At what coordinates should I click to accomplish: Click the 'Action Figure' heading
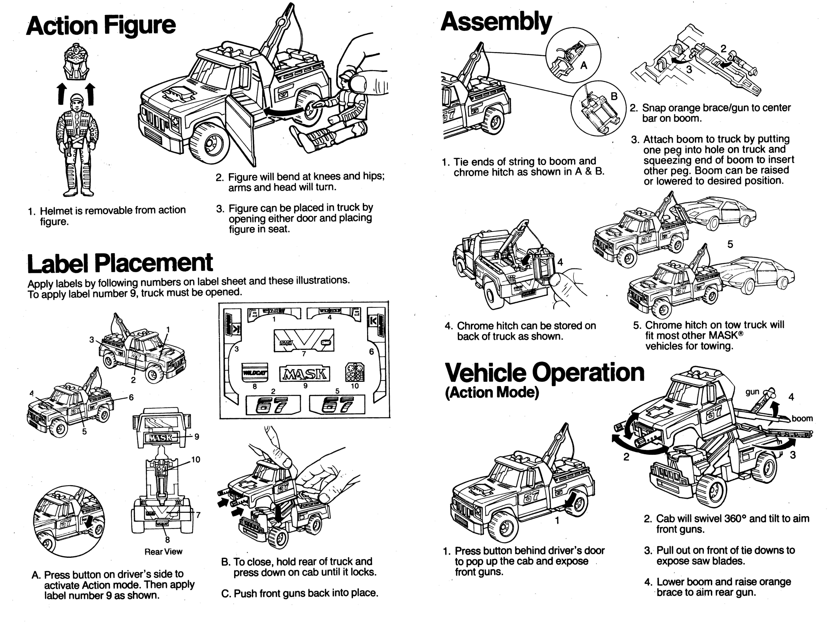(101, 26)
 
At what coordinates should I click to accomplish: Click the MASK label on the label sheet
(305, 374)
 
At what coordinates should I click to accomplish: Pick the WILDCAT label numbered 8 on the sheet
(255, 373)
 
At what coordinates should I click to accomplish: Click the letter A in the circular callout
(584, 66)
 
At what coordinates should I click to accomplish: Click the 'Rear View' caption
(163, 552)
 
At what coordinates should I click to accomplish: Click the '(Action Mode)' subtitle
(492, 393)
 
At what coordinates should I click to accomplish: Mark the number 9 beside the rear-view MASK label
(197, 437)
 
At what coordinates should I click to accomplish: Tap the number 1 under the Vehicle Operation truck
(557, 520)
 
